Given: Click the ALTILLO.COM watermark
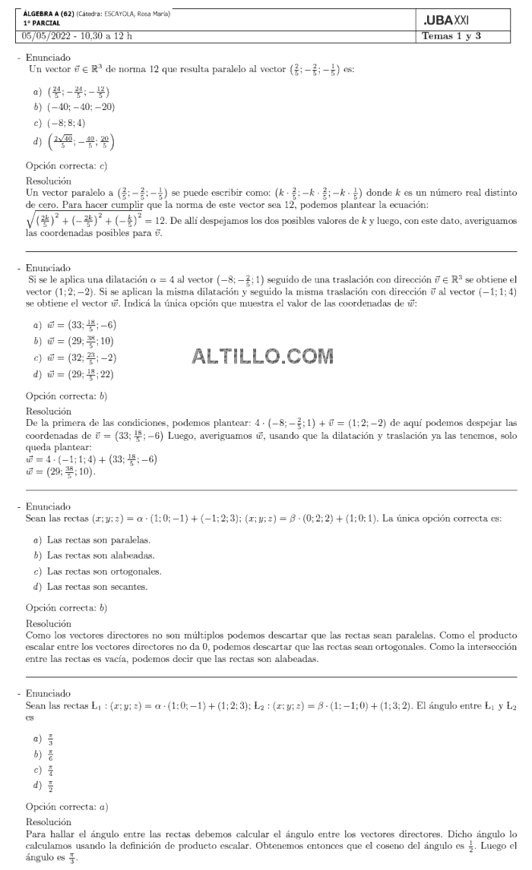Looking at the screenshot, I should click(x=263, y=356).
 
